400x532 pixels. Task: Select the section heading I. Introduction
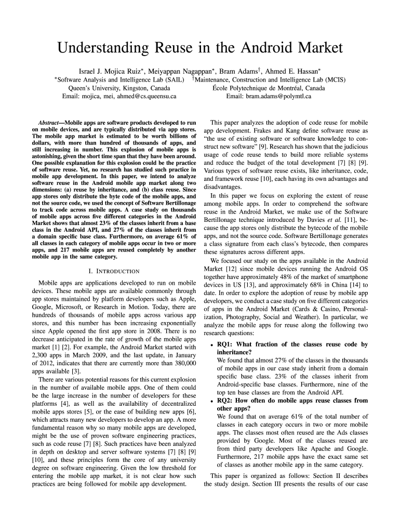pyautogui.click(x=114, y=271)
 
